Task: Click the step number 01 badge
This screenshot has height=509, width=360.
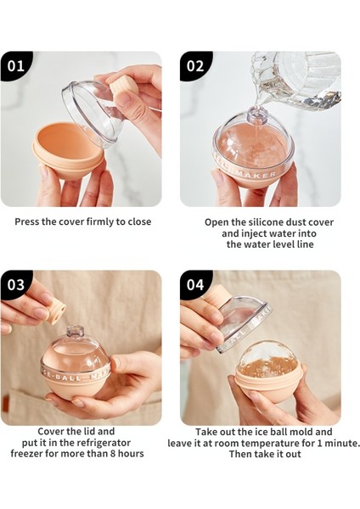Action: click(15, 66)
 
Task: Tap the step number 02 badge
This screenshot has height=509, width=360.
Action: click(195, 66)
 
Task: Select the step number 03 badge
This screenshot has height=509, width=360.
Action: click(15, 285)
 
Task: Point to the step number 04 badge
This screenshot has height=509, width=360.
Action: click(195, 285)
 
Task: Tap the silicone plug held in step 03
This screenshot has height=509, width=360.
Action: click(55, 310)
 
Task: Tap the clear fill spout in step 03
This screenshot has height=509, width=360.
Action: click(75, 333)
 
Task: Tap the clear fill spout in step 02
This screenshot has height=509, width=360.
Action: click(258, 116)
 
